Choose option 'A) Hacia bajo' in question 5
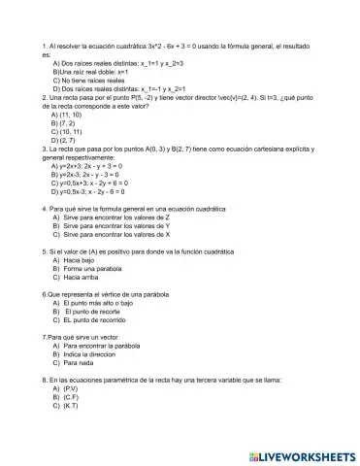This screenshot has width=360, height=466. point(73,261)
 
